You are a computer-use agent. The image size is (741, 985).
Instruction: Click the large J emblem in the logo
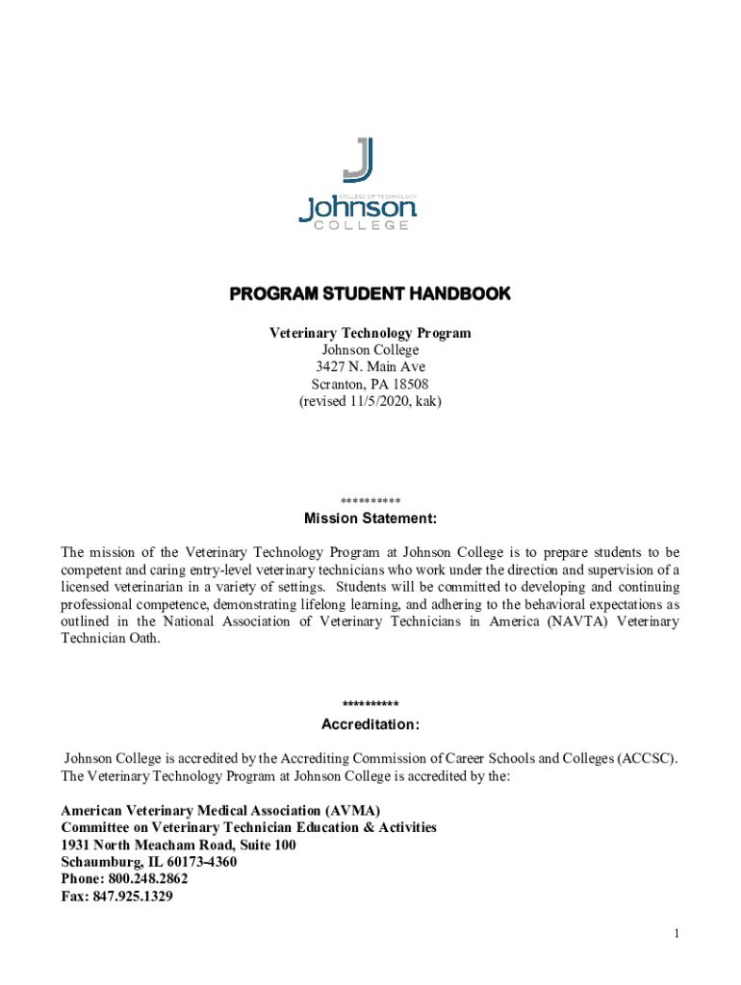pos(358,160)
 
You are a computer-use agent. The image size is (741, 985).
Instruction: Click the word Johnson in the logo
pos(357,207)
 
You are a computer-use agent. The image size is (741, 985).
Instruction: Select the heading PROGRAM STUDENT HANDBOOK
pos(370,293)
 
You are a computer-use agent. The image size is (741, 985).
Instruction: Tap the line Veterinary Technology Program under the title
pos(370,333)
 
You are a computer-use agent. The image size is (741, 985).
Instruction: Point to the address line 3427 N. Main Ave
pos(370,366)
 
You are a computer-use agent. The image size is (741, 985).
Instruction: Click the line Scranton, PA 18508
pos(370,384)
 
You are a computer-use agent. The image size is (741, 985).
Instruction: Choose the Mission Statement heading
pos(370,519)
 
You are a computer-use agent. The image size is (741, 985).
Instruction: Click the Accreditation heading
pos(370,723)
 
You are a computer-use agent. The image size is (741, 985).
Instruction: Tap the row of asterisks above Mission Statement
pos(370,501)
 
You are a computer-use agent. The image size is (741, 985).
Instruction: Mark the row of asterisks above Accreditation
pos(370,705)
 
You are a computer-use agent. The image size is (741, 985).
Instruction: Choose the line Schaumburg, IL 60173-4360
pos(148,862)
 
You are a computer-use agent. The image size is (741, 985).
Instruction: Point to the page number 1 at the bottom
pos(677,934)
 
